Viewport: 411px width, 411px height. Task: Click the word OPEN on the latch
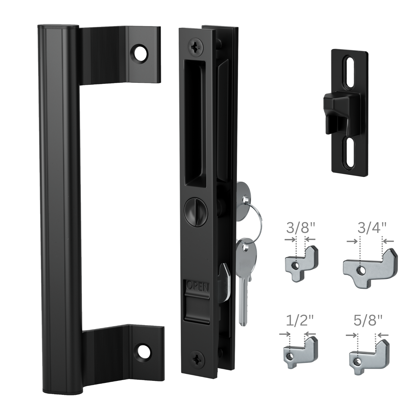point(198,287)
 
